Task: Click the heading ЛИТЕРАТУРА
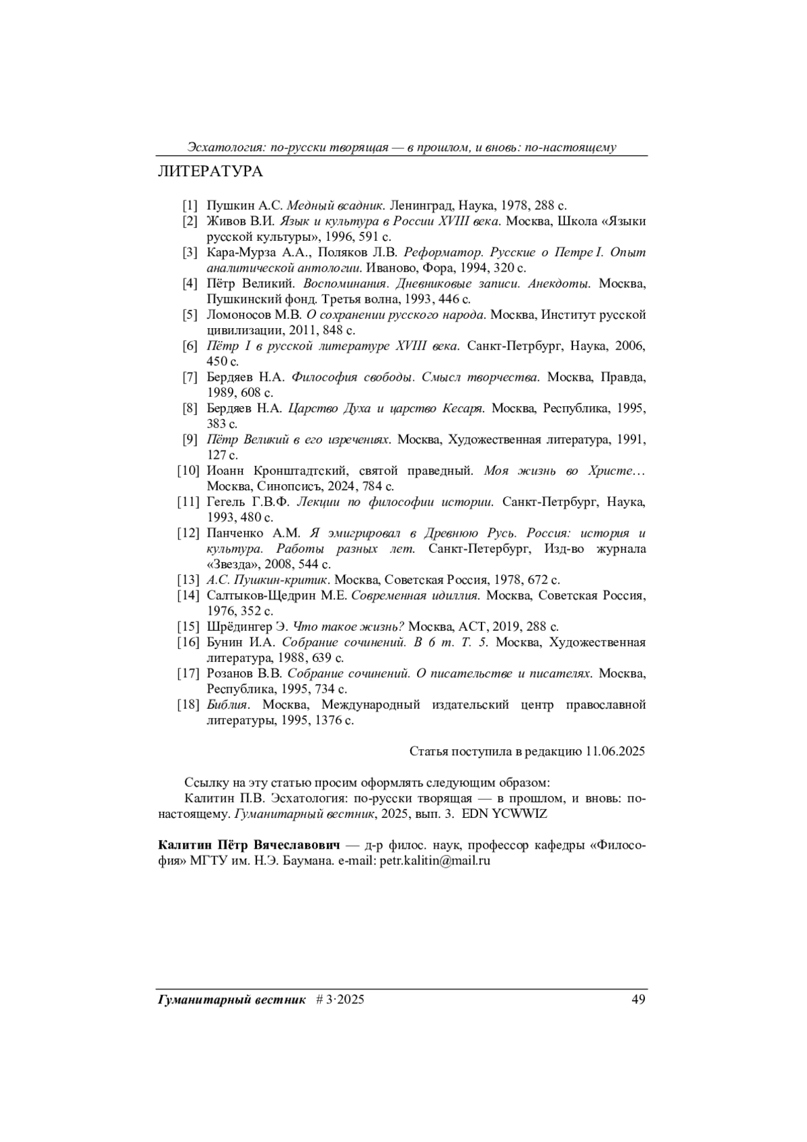pos(210,172)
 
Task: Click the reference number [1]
pos(190,206)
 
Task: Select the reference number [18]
pos(188,705)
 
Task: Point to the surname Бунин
pos(225,642)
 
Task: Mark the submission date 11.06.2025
pos(615,751)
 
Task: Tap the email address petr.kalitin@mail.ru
pos(434,860)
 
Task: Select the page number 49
pos(639,999)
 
